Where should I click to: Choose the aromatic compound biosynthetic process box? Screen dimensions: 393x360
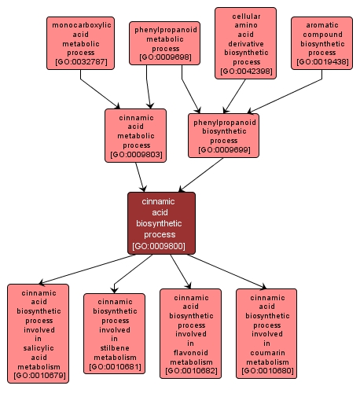(321, 42)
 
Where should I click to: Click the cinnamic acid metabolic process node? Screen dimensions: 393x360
(136, 135)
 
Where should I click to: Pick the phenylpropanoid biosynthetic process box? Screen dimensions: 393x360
(224, 135)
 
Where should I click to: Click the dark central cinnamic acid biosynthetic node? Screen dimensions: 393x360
(161, 223)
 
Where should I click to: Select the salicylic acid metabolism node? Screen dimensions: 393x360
(38, 332)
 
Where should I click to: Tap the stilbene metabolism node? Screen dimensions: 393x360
(114, 332)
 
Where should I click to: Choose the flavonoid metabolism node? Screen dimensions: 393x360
(190, 332)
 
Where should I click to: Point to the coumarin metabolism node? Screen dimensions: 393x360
(266, 332)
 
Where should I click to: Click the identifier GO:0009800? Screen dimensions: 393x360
(161, 245)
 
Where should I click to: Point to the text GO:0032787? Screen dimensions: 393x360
(82, 61)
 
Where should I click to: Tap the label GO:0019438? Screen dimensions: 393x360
(321, 61)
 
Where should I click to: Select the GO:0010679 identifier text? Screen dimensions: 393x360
(38, 376)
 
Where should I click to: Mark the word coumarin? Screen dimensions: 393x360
(266, 352)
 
